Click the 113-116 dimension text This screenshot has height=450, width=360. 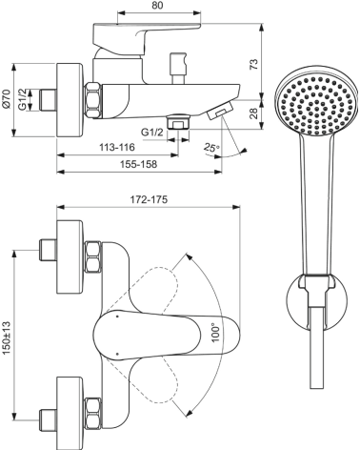coord(116,150)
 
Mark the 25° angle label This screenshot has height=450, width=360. coord(210,148)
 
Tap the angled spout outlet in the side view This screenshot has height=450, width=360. coord(217,111)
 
